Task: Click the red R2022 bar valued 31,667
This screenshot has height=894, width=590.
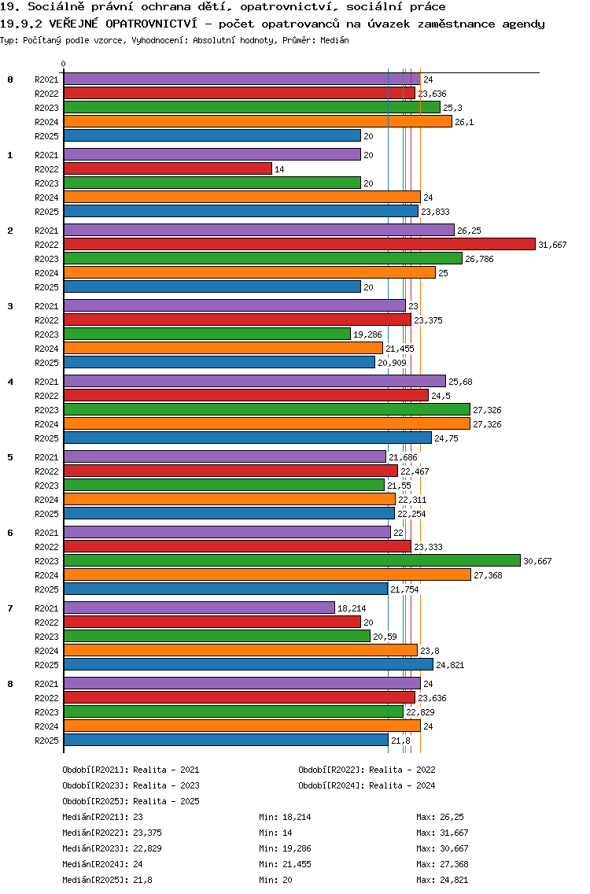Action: [x=299, y=245]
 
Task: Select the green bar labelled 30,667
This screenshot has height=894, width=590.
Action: [x=292, y=560]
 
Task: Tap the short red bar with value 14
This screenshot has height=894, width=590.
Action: [x=168, y=169]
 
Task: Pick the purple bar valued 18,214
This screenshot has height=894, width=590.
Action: [x=199, y=608]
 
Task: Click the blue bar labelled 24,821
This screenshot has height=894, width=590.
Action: [x=249, y=665]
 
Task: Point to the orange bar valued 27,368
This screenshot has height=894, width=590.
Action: [x=267, y=575]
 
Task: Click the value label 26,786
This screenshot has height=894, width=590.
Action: [x=479, y=259]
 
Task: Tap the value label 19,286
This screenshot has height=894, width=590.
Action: [x=367, y=334]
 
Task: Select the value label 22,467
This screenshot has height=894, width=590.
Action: [x=415, y=471]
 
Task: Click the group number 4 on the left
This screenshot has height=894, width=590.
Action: [x=10, y=382]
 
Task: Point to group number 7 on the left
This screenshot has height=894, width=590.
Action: [x=10, y=608]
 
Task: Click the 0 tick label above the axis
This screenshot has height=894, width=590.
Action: [x=64, y=65]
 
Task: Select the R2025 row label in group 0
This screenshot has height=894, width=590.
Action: [x=46, y=136]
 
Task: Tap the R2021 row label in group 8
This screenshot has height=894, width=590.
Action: [x=46, y=684]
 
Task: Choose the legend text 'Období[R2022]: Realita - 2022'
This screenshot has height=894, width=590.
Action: [x=367, y=770]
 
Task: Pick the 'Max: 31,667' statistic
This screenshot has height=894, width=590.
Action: [x=442, y=833]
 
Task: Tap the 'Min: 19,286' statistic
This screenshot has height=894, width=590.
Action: [x=285, y=848]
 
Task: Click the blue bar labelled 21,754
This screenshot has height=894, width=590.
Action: [x=226, y=589]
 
